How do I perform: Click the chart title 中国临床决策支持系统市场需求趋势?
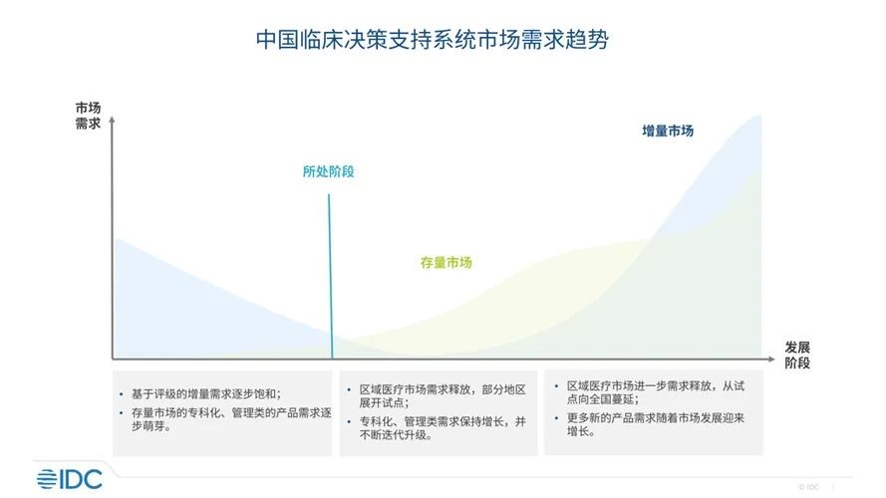(x=433, y=40)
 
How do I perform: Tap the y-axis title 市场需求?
(x=88, y=116)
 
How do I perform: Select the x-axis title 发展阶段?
(x=796, y=356)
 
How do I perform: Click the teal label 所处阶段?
(x=328, y=171)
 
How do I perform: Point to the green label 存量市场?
(x=445, y=263)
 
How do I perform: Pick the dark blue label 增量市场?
(x=668, y=131)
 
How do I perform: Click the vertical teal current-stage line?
(x=331, y=277)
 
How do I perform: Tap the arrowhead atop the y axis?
(x=112, y=120)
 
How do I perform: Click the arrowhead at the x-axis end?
(x=771, y=359)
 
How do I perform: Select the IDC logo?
(x=70, y=479)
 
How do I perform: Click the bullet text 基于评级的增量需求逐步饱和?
(x=206, y=393)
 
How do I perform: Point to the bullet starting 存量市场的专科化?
(x=231, y=419)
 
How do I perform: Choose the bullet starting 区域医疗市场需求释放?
(x=443, y=395)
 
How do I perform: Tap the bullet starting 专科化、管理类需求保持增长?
(x=443, y=428)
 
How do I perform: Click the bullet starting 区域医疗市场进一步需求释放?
(x=656, y=392)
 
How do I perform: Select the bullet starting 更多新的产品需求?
(x=656, y=424)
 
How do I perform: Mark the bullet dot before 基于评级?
(x=121, y=393)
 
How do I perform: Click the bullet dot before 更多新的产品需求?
(x=556, y=418)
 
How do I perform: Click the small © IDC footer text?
(x=808, y=487)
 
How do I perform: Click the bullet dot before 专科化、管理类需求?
(x=349, y=421)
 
